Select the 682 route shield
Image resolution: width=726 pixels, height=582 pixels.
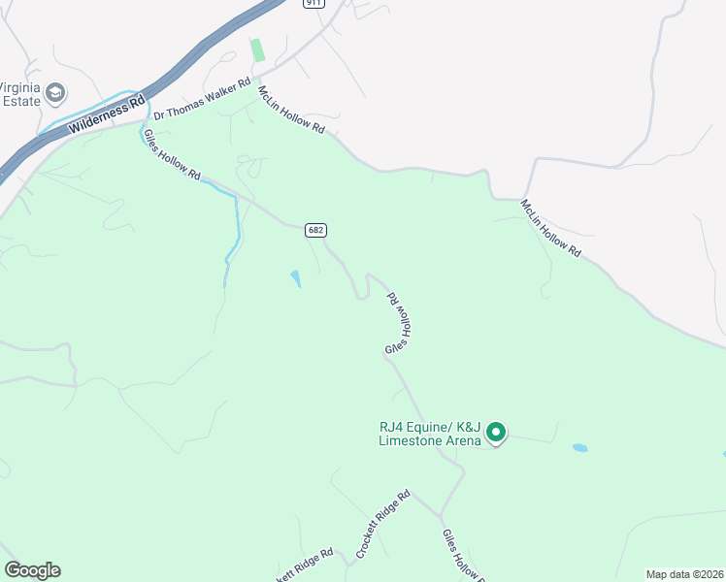pos(315,230)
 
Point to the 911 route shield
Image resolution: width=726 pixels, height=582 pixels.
pos(313,3)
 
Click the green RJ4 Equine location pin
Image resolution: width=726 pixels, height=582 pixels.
pos(496,432)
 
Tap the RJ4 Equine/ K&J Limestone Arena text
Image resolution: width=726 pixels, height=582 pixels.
pos(430,433)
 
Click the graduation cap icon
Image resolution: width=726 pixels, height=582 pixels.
pos(55,92)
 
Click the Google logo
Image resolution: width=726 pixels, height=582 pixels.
pos(32,570)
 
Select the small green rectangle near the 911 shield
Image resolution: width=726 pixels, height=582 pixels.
pos(258,49)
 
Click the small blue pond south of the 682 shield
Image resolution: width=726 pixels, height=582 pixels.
pos(295,279)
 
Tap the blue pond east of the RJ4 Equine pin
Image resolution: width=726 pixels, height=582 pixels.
pos(579,448)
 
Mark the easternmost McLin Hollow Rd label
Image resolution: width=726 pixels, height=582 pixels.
pos(549,229)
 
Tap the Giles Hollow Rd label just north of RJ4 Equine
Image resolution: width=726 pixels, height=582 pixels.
pos(399,324)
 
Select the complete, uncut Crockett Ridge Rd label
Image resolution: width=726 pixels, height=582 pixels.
pos(383,524)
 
